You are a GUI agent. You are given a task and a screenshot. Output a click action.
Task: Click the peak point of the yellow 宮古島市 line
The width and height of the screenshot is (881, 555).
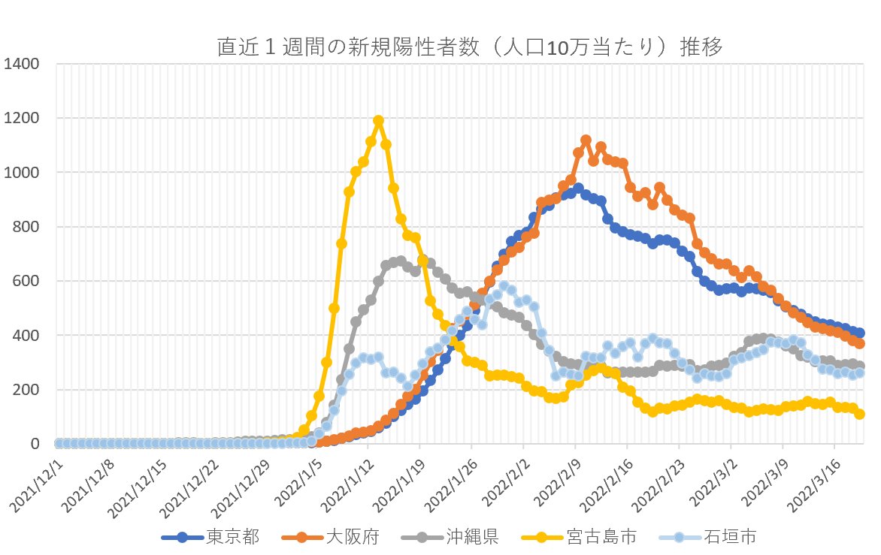coord(378,120)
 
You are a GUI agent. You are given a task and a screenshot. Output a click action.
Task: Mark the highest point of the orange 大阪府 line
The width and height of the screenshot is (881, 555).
coord(586,140)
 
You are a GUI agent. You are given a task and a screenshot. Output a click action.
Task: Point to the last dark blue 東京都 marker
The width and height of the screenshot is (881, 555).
coord(859,333)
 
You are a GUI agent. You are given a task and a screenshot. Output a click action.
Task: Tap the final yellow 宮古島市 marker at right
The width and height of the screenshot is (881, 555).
coord(859,414)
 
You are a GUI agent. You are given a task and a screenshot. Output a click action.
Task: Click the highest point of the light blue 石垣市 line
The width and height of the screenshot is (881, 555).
coord(504,286)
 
